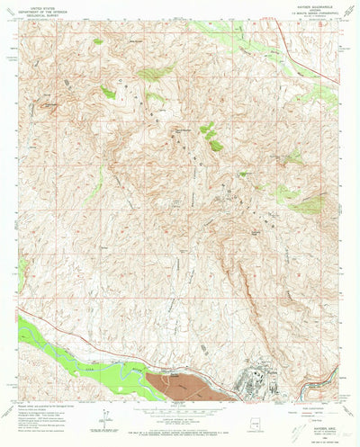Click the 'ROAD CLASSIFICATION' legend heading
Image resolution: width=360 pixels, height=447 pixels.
coord(310,404)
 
